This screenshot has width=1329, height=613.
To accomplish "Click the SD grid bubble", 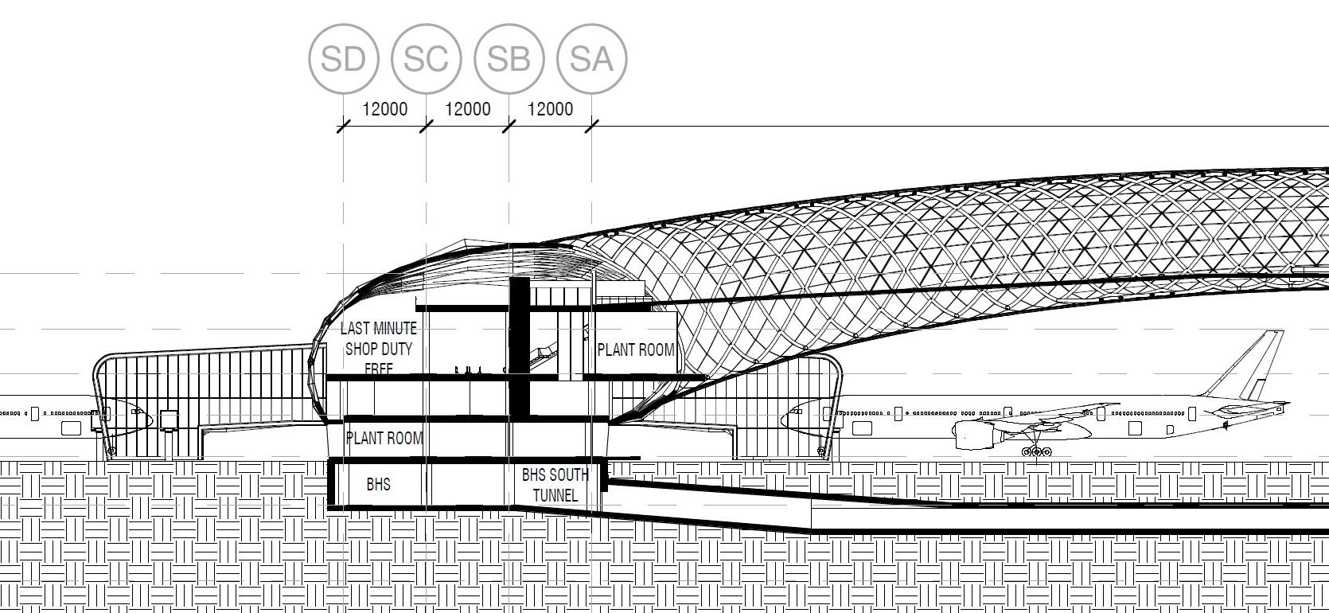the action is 344,58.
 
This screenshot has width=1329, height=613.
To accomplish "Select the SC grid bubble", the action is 427,58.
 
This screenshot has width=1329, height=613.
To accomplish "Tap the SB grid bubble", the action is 509,58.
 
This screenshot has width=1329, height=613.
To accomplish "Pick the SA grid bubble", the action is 592,58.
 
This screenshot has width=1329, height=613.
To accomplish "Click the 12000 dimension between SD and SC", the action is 384,109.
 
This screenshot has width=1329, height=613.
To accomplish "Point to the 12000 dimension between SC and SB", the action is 467,109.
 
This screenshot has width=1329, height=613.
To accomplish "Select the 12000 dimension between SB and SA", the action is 550,109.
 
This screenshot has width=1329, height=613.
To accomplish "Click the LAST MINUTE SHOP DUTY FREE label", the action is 379,349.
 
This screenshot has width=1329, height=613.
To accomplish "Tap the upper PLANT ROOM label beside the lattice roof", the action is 635,349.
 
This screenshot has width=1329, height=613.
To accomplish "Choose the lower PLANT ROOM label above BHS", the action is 384,438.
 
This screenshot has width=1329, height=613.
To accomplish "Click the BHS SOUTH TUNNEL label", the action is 555,485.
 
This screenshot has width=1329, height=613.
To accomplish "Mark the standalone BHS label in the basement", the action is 378,484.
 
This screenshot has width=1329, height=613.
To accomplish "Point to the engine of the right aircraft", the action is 975,435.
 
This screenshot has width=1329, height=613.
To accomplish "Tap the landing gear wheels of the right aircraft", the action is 1035,452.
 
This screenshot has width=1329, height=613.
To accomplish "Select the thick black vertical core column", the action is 519,346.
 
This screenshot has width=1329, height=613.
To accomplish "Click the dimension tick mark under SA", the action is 592,126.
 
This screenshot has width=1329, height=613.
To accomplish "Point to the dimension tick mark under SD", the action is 344,126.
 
